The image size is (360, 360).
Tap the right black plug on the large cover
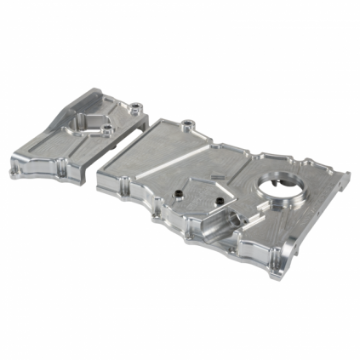point(219,199)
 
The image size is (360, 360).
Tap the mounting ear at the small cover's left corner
point(15,169)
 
